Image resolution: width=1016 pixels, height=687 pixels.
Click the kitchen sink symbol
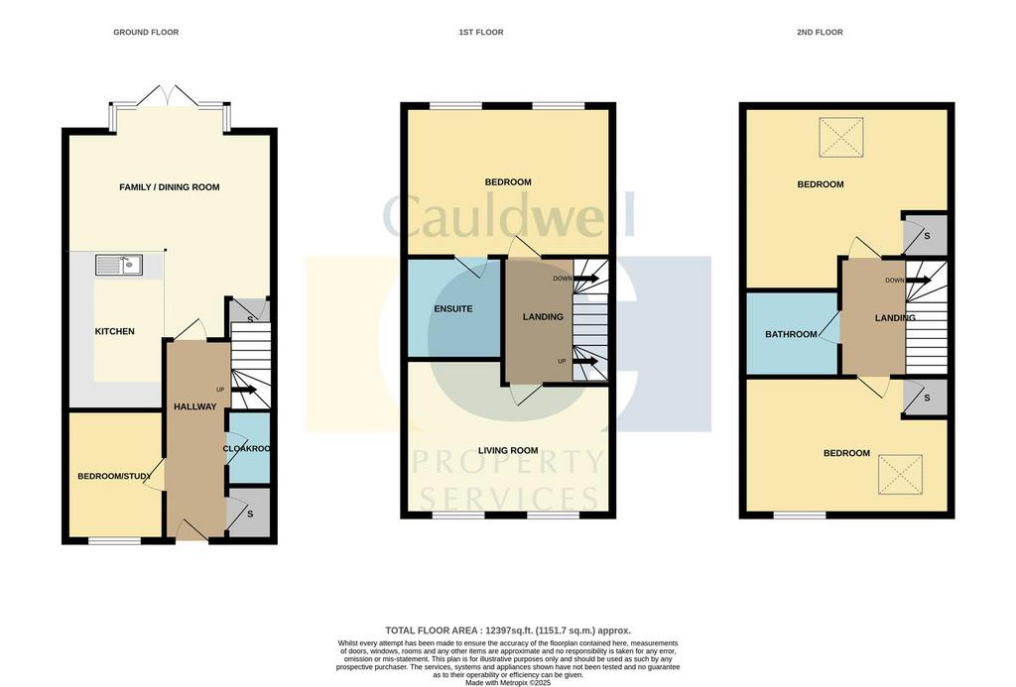click(119, 265)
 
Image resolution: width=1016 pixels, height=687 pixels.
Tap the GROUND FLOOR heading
click(146, 32)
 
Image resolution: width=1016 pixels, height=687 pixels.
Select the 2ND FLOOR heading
click(820, 32)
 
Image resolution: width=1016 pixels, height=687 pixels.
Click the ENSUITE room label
click(452, 309)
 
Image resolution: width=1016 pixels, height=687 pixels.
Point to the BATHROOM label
click(791, 334)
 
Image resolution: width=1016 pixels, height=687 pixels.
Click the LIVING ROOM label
click(508, 451)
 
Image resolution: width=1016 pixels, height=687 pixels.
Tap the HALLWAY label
click(195, 406)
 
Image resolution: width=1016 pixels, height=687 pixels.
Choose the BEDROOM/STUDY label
click(115, 476)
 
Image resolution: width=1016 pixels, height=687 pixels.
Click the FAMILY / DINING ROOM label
click(169, 187)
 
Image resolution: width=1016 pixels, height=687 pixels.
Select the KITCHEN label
click(115, 331)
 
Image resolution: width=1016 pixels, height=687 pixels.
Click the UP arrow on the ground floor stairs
click(244, 390)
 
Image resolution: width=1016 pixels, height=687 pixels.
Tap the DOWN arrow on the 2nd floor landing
click(918, 281)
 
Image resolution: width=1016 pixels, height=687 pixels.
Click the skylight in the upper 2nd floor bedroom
click(841, 137)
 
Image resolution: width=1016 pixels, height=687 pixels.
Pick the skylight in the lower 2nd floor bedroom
click(900, 475)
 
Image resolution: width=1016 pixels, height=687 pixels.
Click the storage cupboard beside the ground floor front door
click(249, 513)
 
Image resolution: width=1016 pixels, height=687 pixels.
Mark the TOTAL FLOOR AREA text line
click(508, 630)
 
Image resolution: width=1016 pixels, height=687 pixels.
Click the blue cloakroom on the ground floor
click(249, 448)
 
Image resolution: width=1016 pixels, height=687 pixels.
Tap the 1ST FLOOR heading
click(481, 32)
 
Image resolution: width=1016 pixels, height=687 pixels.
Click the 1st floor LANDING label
click(543, 316)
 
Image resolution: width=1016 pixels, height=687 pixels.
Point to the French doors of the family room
click(168, 95)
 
